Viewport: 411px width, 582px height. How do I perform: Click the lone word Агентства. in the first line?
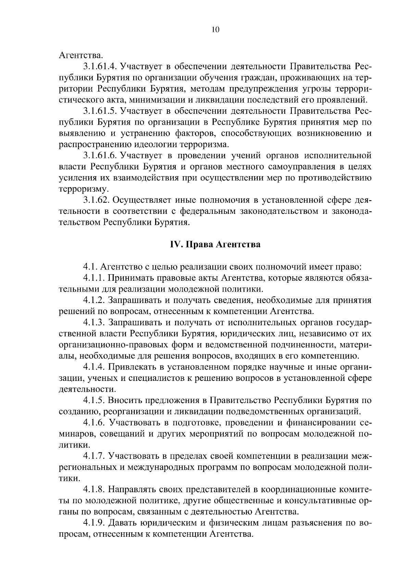pos(81,55)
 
